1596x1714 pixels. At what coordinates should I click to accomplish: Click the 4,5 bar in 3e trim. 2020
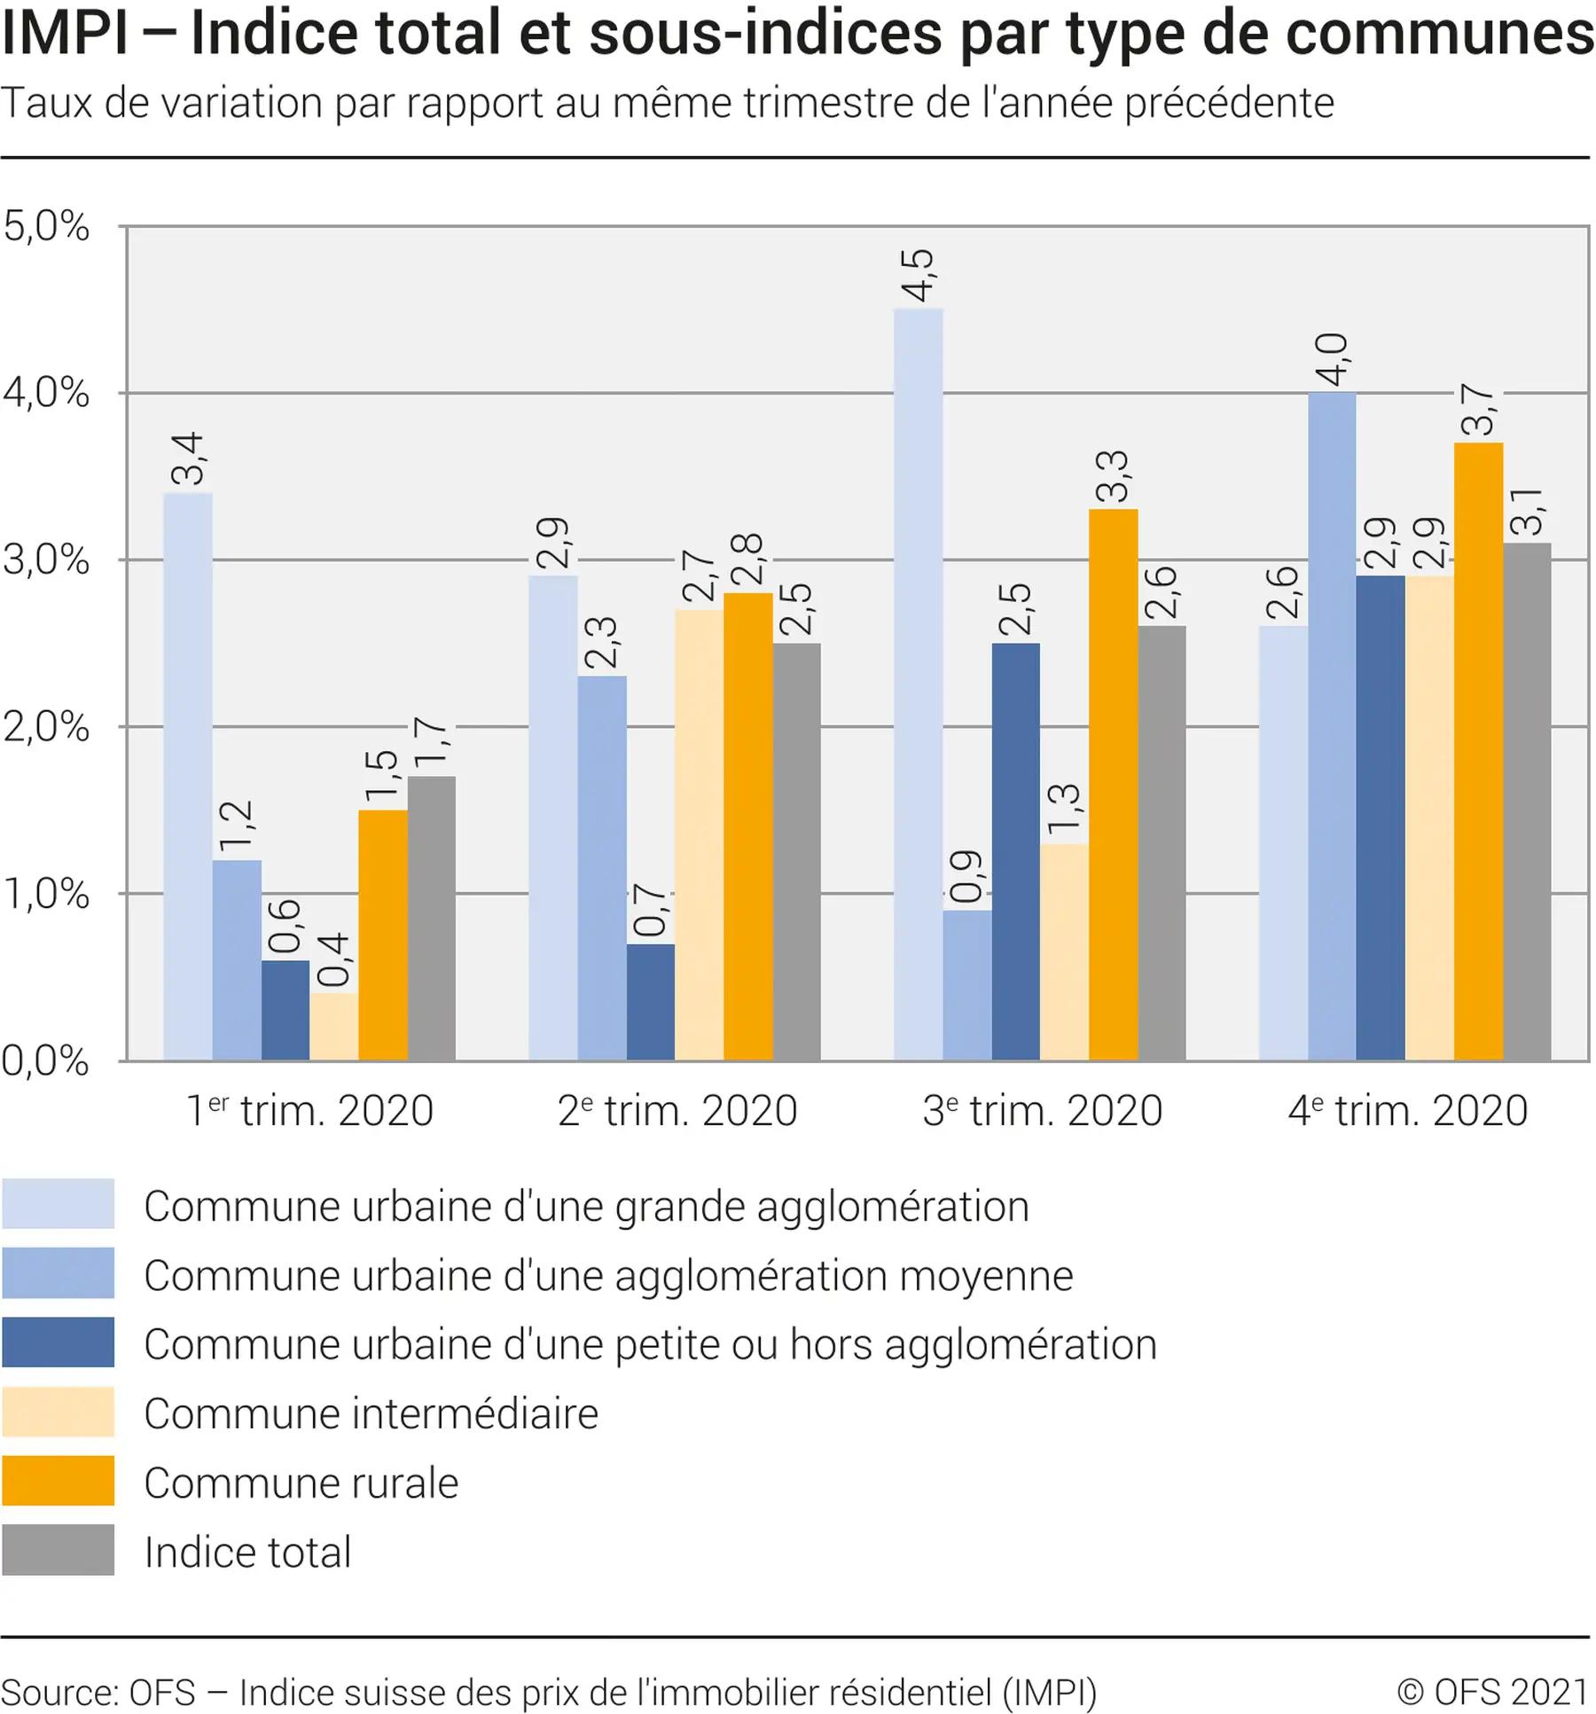[918, 683]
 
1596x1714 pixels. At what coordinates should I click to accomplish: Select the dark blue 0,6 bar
[285, 1010]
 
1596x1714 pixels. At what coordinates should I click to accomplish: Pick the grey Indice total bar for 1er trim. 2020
[431, 918]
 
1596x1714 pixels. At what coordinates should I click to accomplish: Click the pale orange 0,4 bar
[333, 1026]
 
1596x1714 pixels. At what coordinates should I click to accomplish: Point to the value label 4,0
[1331, 359]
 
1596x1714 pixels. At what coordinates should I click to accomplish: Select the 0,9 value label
[966, 876]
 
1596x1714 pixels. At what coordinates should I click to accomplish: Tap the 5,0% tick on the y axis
[46, 226]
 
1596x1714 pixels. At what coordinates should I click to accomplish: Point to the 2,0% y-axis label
[46, 727]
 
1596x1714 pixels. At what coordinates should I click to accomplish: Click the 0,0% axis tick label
[46, 1060]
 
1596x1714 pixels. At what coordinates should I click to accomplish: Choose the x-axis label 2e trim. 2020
[677, 1110]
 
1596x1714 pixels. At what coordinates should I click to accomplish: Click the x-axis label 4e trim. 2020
[1407, 1110]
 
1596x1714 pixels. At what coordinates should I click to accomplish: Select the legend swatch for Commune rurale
[59, 1480]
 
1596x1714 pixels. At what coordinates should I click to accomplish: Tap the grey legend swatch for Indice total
[59, 1549]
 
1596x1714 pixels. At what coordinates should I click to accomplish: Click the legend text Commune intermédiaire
[371, 1413]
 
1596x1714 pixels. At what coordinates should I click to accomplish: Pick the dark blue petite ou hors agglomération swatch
[59, 1342]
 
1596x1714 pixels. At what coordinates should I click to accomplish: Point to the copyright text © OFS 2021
[1492, 1691]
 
